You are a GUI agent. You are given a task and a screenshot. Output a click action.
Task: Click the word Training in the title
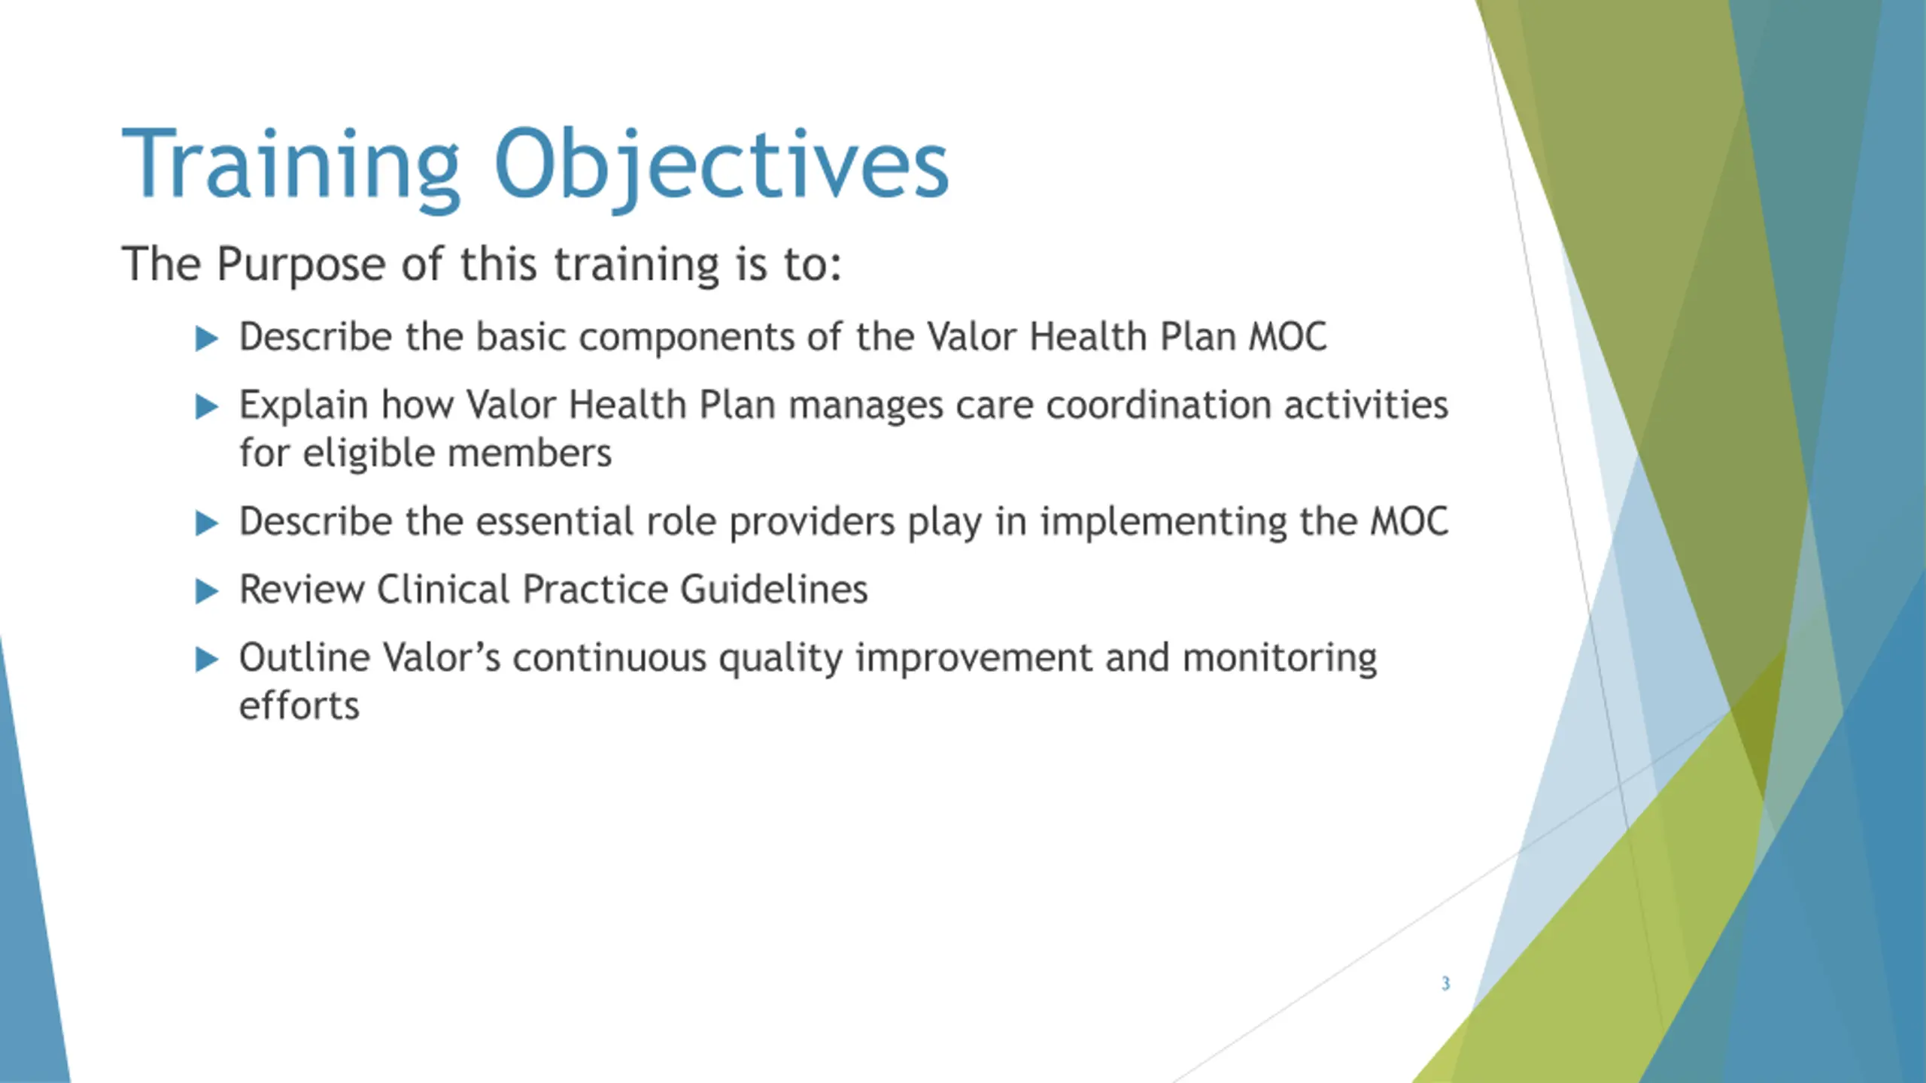[290, 167]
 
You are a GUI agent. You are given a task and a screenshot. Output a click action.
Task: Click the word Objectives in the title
[721, 167]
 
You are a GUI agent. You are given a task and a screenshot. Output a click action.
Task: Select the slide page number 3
[1445, 983]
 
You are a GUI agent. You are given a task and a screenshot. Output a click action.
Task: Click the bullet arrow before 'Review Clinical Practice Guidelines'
[206, 592]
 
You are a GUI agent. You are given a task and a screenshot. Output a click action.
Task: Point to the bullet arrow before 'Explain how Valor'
[206, 407]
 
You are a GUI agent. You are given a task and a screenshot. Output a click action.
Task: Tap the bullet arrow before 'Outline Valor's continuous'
[206, 660]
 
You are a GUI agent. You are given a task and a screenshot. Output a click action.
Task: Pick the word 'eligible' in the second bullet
[369, 454]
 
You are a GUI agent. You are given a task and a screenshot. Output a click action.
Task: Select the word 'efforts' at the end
[299, 705]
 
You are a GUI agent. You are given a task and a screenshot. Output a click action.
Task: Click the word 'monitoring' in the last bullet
[1280, 660]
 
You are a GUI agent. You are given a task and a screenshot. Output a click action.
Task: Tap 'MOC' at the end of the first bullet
[1288, 337]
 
